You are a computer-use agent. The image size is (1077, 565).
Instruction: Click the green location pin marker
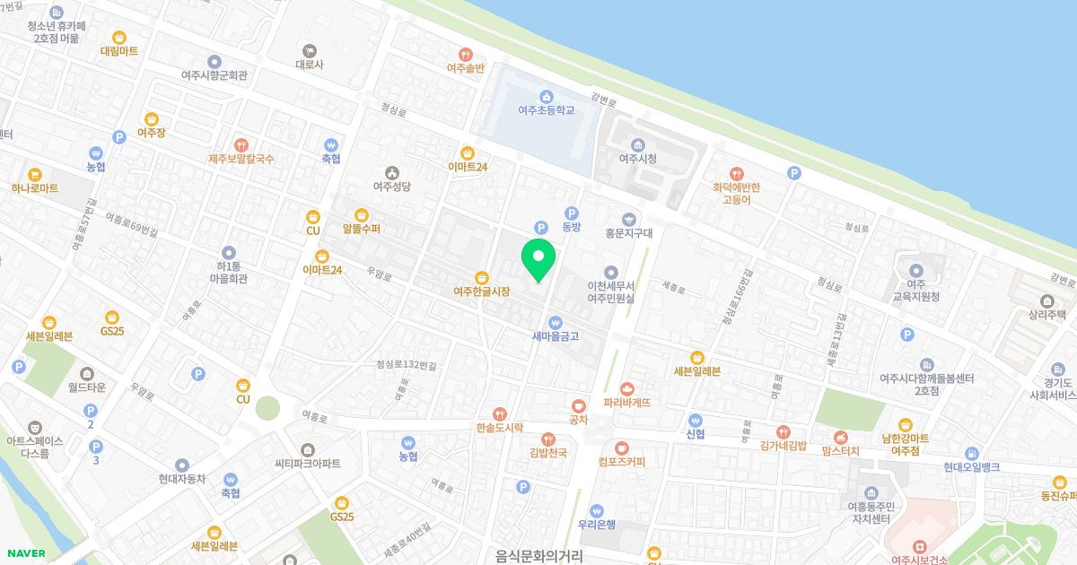coord(538,259)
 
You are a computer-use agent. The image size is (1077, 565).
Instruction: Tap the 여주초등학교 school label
coord(546,110)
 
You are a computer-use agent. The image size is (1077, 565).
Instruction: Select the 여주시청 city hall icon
coord(638,145)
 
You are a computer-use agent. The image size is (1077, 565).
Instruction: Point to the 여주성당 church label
coord(391,187)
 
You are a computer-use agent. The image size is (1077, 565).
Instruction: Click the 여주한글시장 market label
coord(481,291)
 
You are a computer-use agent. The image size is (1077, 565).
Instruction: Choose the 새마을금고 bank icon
coord(556,323)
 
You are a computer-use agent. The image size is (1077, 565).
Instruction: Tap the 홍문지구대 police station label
coord(628,232)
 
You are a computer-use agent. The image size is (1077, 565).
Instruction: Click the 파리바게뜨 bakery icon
coord(626,389)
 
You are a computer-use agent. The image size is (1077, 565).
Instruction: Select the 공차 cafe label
coord(578,419)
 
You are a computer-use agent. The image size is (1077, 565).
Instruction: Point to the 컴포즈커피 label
coord(621,462)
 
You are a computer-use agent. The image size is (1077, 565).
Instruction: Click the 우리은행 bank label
coord(597,525)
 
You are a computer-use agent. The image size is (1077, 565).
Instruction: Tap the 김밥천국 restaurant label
coord(547,453)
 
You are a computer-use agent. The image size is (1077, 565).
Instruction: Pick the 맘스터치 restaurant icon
coord(840,435)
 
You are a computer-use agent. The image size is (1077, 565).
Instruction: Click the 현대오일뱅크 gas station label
coord(971,467)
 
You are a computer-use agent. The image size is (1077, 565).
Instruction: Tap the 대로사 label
coord(310,65)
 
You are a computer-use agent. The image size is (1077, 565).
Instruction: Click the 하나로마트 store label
coord(35,188)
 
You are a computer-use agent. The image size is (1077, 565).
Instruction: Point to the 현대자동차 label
coord(182,479)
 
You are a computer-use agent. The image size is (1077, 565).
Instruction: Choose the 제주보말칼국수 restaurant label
coord(241,159)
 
